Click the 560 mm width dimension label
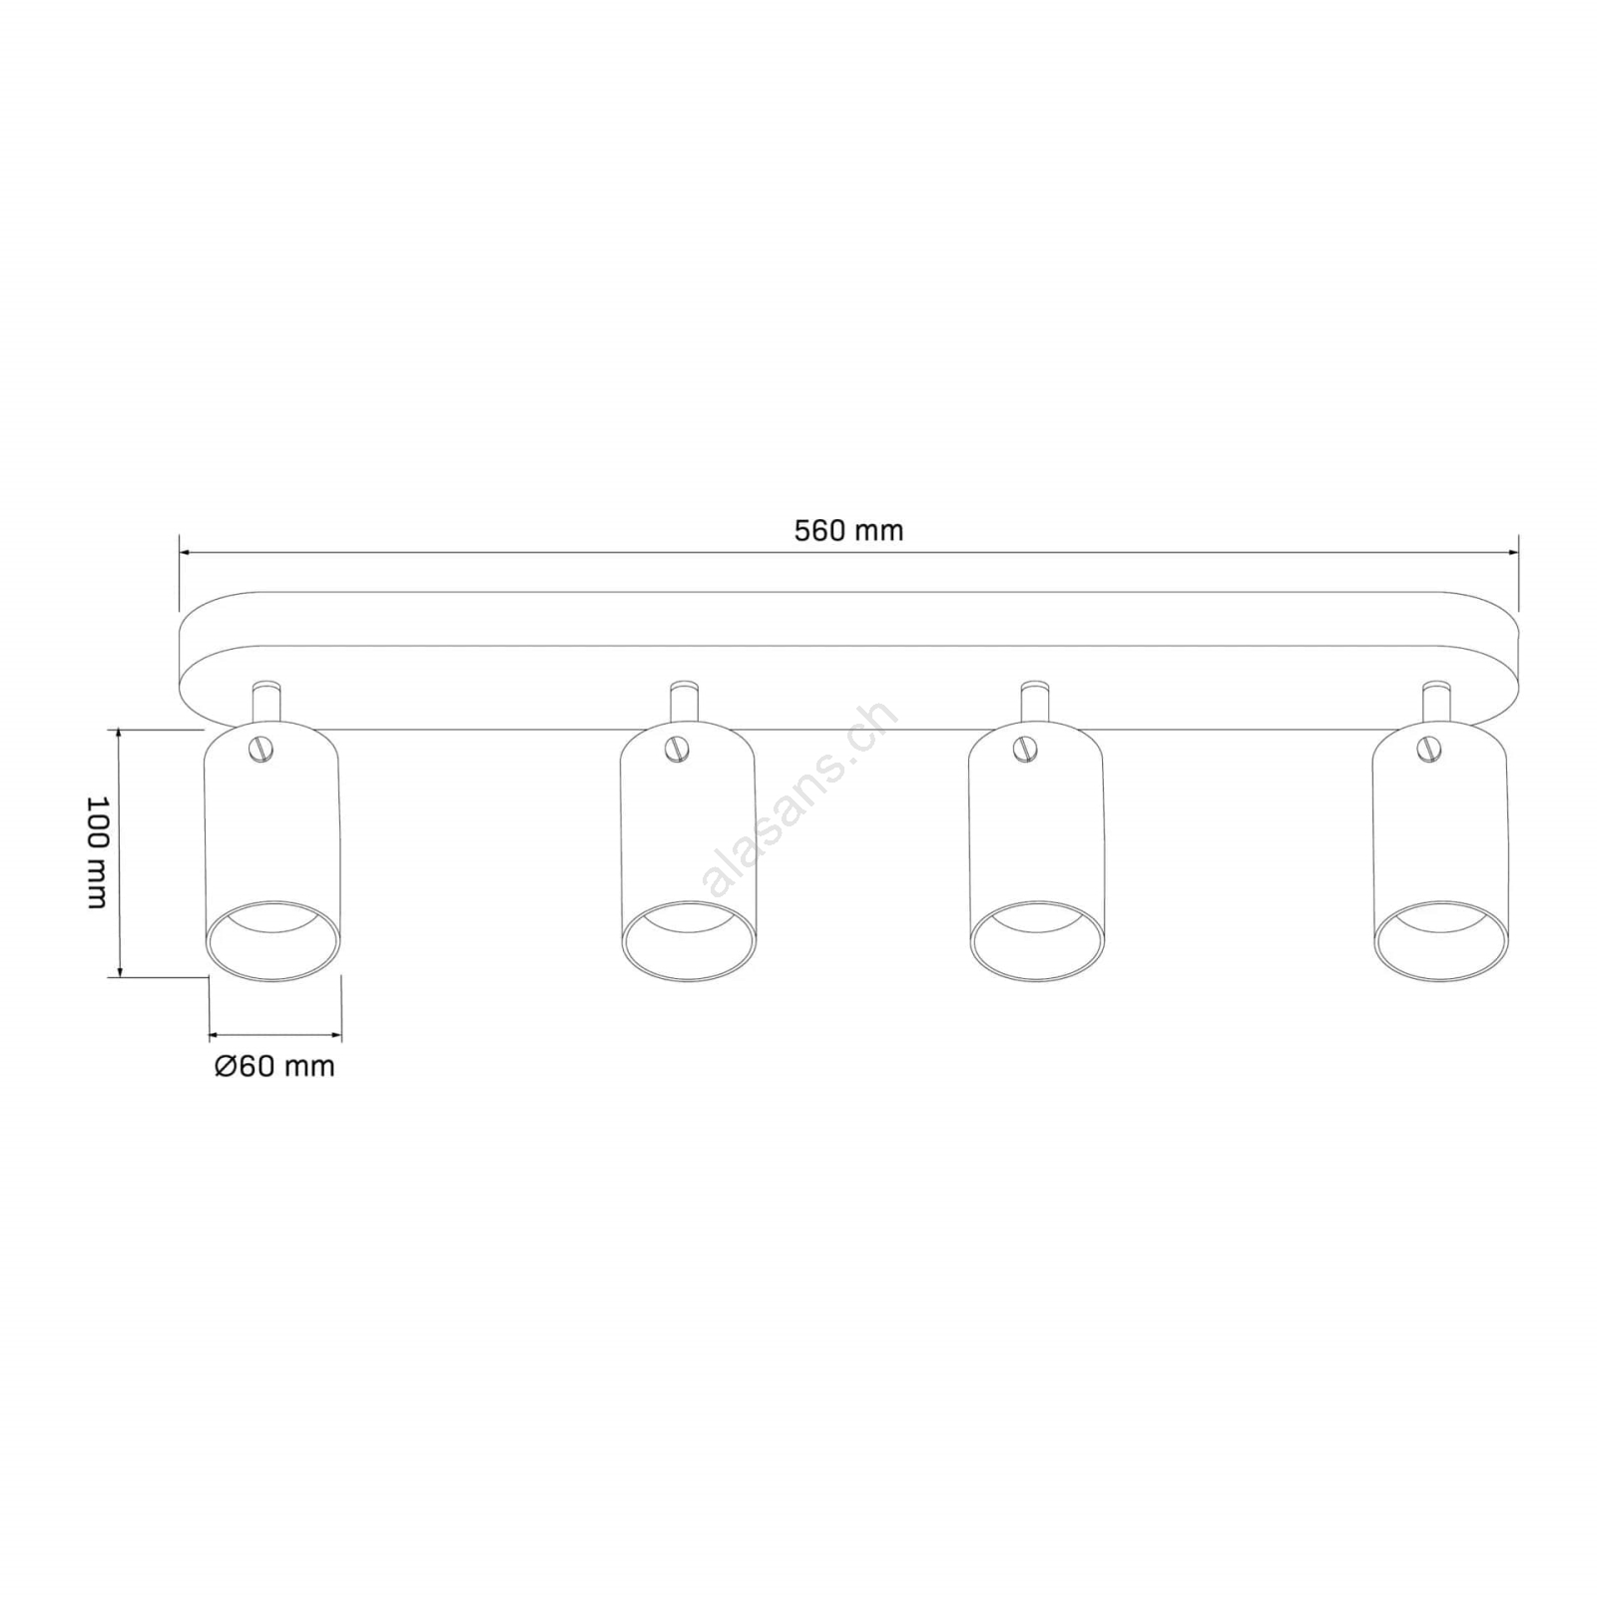pyautogui.click(x=848, y=530)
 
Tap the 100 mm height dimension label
pyautogui.click(x=97, y=852)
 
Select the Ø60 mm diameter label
pyautogui.click(x=274, y=1066)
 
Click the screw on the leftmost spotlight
pyautogui.click(x=263, y=749)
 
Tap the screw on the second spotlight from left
pyautogui.click(x=678, y=749)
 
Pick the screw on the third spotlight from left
pyautogui.click(x=1026, y=749)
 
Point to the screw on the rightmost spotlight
pyautogui.click(x=1429, y=749)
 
